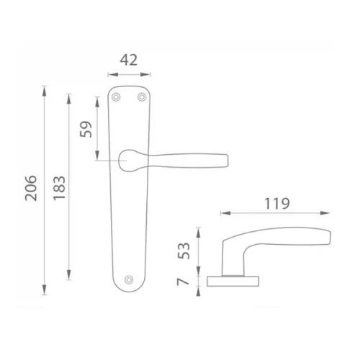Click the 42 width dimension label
click(129, 60)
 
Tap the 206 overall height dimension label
click(31, 188)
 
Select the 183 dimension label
click(59, 188)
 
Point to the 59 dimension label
click(86, 130)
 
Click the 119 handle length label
click(277, 204)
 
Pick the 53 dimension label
click(184, 251)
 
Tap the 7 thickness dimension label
click(183, 282)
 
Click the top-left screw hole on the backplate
click(116, 97)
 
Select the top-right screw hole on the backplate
click(142, 97)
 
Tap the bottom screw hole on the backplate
click(129, 280)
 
